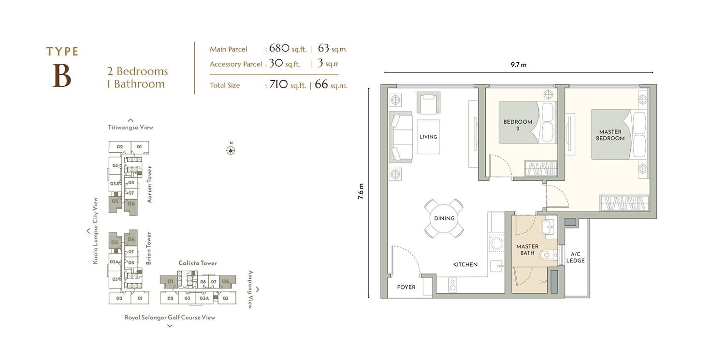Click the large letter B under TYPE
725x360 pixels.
click(62, 76)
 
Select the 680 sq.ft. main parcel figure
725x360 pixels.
click(288, 48)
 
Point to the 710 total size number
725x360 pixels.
click(278, 85)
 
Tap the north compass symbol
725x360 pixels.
click(231, 149)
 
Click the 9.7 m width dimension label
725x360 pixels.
click(519, 65)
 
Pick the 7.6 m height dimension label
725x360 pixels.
click(361, 191)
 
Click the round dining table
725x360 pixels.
click(444, 218)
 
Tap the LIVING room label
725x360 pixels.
click(428, 137)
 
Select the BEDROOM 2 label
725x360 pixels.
click(518, 125)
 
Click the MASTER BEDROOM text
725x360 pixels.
click(610, 135)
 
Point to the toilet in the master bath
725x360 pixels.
click(548, 255)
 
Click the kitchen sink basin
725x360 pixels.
click(496, 267)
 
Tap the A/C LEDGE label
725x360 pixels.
click(576, 258)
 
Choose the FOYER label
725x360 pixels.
click(406, 287)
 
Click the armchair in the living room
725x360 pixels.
click(429, 103)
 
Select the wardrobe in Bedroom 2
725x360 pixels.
click(540, 168)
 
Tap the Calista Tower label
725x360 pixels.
click(198, 263)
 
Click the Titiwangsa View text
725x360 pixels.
click(130, 127)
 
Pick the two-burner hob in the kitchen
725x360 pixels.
click(452, 285)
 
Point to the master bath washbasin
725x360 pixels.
click(548, 226)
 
